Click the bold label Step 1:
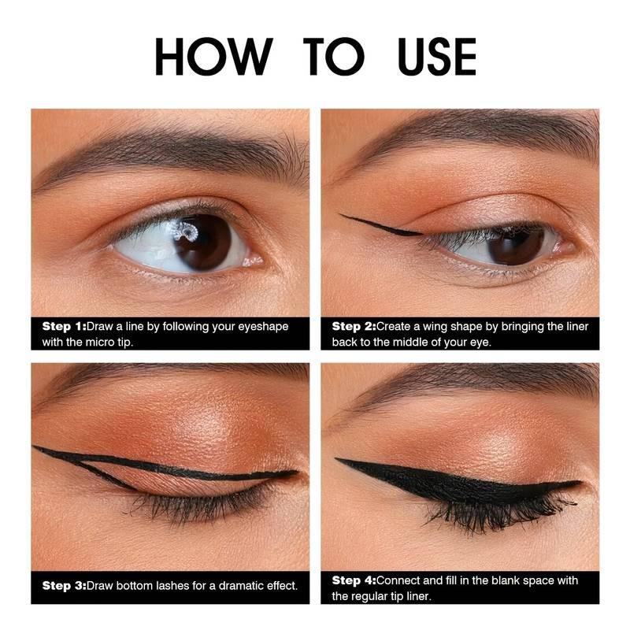click(x=61, y=325)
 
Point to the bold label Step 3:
click(x=63, y=585)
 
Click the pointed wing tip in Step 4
click(x=338, y=460)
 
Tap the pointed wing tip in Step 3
click(x=35, y=448)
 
